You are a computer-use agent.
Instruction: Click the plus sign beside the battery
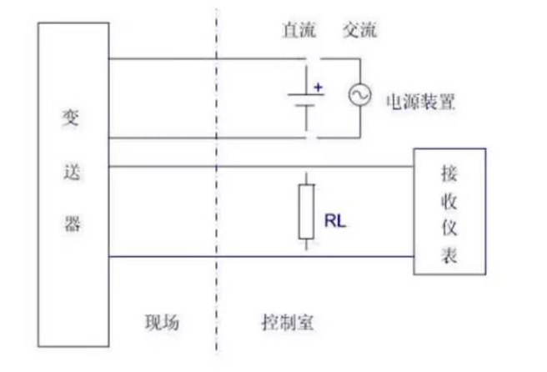[x=319, y=85]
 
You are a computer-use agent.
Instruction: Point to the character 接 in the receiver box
[x=449, y=174]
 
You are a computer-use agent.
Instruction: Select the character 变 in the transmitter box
[x=73, y=114]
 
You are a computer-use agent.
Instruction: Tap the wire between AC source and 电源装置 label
[x=360, y=120]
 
